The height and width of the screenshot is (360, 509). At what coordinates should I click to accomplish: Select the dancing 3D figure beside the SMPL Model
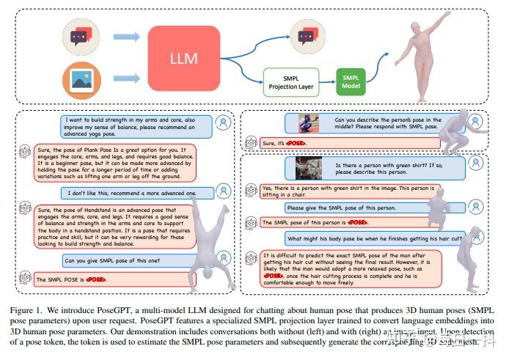click(419, 52)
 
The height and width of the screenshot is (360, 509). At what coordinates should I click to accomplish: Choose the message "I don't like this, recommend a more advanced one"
click(137, 192)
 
